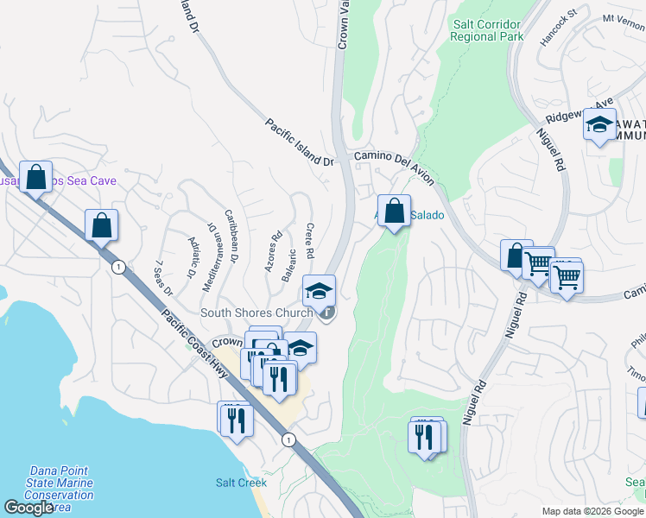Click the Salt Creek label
pos(240,483)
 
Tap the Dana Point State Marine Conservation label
pos(60,489)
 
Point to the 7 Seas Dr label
pos(163,276)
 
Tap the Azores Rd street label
pos(274,251)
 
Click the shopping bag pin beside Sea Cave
pos(36,178)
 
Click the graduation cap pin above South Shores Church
pos(319,291)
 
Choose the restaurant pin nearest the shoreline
pos(235,420)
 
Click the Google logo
pos(28,509)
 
